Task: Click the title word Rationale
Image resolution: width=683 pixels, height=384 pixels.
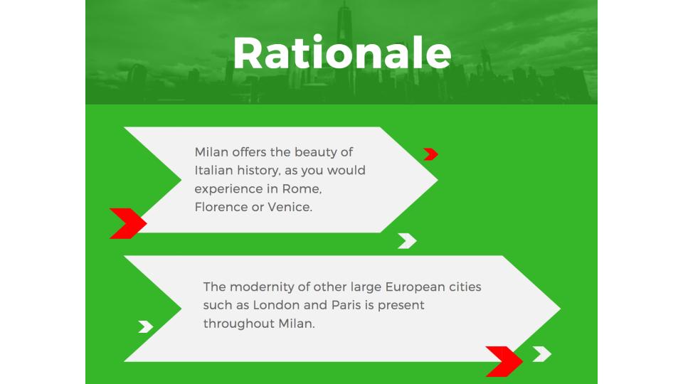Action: (342, 53)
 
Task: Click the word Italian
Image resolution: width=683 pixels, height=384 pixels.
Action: (213, 170)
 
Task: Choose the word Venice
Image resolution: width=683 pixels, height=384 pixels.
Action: (290, 207)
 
